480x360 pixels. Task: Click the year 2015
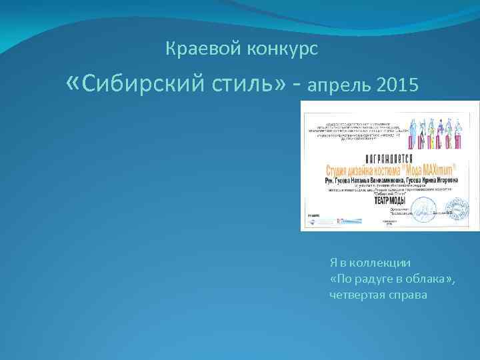point(397,86)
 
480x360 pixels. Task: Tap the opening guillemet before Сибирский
point(75,83)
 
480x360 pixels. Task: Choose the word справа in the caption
point(408,294)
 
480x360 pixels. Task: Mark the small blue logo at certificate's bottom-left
point(313,217)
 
